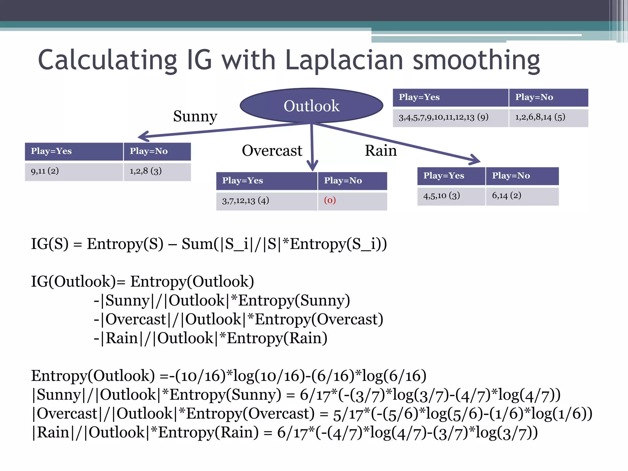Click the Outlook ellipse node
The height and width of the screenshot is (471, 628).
[311, 105]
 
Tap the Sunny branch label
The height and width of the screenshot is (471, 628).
[195, 116]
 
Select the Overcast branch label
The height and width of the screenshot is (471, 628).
[272, 151]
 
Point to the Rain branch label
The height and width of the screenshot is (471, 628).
[381, 151]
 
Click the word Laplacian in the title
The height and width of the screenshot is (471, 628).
[344, 60]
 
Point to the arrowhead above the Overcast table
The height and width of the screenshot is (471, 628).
[312, 166]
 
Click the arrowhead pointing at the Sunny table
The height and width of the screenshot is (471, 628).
[144, 136]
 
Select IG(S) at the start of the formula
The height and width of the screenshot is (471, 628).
[50, 244]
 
